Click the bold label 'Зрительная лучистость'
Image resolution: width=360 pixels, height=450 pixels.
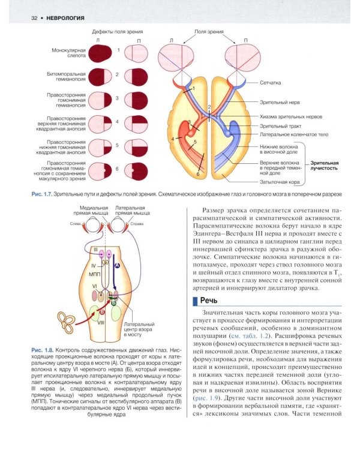(x=325, y=165)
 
